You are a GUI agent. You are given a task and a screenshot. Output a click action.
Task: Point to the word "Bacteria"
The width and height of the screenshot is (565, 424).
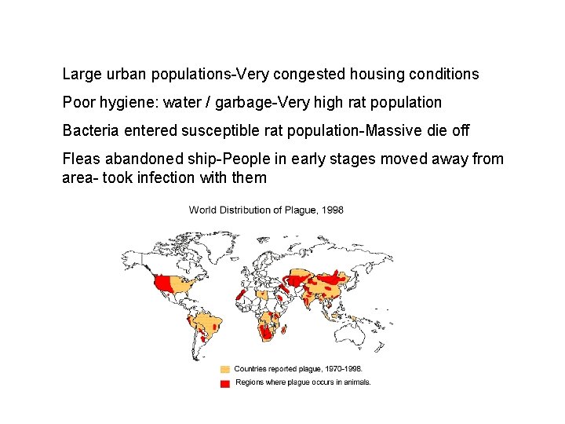click(90, 130)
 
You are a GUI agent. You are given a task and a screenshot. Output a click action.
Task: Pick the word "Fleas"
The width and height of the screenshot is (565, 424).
click(81, 159)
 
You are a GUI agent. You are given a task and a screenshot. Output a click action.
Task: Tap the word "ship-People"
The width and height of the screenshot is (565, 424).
click(224, 159)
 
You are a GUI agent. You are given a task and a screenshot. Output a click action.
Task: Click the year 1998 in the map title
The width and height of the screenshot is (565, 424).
click(333, 210)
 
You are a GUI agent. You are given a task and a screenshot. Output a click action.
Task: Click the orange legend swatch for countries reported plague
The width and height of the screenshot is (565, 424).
click(225, 368)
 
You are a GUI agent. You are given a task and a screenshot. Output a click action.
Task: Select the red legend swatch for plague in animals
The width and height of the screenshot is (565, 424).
click(225, 382)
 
